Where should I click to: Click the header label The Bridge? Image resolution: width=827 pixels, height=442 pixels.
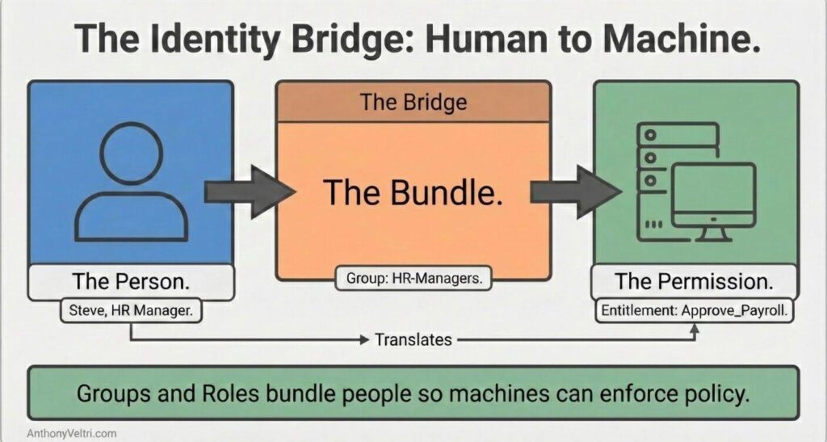pyautogui.click(x=413, y=102)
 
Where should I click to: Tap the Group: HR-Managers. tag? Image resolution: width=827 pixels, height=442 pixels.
pyautogui.click(x=413, y=280)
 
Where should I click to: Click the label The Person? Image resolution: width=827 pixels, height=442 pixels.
pyautogui.click(x=130, y=282)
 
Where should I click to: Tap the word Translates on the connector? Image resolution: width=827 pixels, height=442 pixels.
pyautogui.click(x=413, y=339)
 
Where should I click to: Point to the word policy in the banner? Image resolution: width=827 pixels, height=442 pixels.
pyautogui.click(x=712, y=394)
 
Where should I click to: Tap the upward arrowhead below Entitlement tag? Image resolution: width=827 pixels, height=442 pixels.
pyautogui.click(x=694, y=329)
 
